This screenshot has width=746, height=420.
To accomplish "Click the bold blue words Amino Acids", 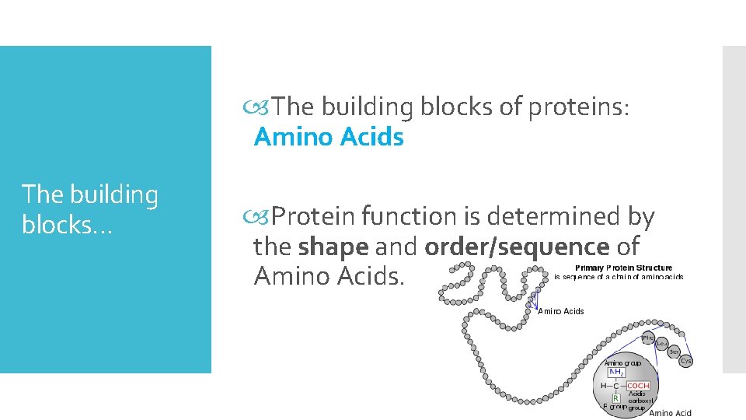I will [x=329, y=137].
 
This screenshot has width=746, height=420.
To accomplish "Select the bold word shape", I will [x=333, y=247].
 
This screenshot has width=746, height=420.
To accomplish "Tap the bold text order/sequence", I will [x=517, y=247].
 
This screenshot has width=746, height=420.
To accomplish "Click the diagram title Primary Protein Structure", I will [x=623, y=268].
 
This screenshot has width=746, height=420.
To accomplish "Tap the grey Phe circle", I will [x=648, y=338].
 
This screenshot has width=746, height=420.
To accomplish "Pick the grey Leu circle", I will [x=662, y=344].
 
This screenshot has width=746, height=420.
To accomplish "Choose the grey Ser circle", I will [x=675, y=352].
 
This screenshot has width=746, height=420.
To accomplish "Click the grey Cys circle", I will [x=685, y=361].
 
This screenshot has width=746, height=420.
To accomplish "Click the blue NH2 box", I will [x=614, y=373].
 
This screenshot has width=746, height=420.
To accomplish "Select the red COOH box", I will [x=638, y=386].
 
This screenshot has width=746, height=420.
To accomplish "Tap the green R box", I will [x=616, y=398].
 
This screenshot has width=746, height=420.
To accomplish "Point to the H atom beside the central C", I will [x=603, y=386].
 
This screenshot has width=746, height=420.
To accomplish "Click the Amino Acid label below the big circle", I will [x=670, y=413].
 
